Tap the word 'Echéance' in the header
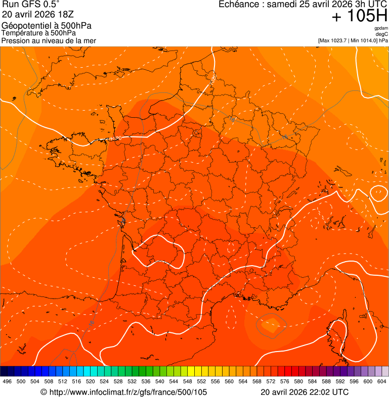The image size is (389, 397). [x=240, y=5]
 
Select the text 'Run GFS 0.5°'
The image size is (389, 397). [x=31, y=5]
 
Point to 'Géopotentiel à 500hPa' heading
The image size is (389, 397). [x=47, y=26]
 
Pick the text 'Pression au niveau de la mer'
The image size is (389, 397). [x=49, y=40]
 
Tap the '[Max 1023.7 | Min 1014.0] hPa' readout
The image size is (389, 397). [x=353, y=40]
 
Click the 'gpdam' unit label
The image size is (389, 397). [x=381, y=28]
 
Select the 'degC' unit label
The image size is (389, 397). [x=382, y=34]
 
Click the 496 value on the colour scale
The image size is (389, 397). [x=7, y=381]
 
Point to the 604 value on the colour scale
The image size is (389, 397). [x=382, y=381]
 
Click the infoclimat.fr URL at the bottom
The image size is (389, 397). [x=123, y=392]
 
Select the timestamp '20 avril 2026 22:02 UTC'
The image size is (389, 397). [x=305, y=392]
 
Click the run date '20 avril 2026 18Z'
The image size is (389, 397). [x=34, y=15]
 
